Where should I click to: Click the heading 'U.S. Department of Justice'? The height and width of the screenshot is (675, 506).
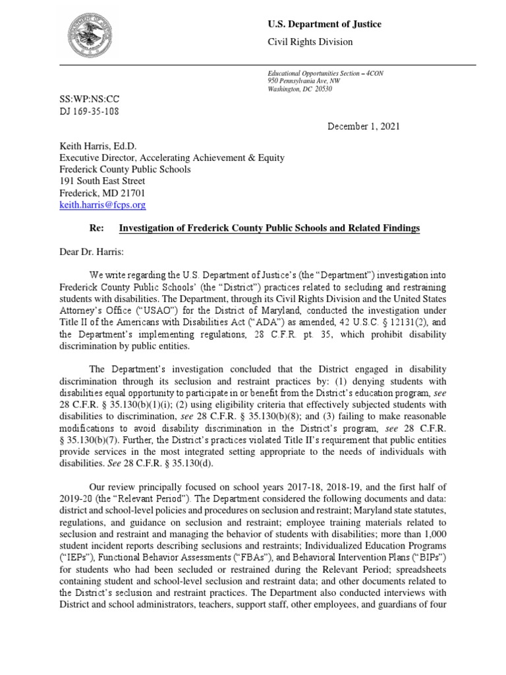click(x=323, y=24)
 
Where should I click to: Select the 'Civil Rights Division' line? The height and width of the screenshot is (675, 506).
click(x=309, y=42)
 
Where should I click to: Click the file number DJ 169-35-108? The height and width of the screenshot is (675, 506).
click(x=90, y=111)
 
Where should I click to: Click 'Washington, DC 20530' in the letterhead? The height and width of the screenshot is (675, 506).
click(x=300, y=88)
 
